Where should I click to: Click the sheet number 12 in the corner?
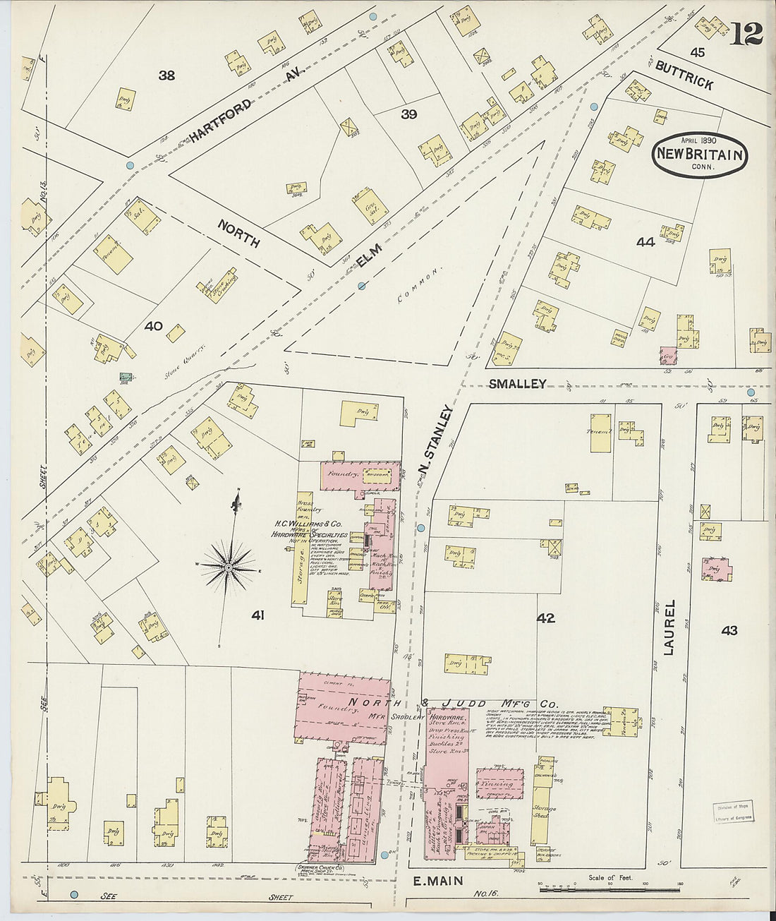[746, 33]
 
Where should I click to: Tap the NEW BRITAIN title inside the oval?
[700, 155]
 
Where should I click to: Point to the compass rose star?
[230, 566]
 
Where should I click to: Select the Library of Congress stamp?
[732, 813]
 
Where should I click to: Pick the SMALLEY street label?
[518, 383]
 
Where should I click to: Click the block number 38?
[166, 75]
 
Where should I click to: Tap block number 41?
[257, 615]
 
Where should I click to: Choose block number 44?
[645, 242]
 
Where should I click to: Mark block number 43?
[729, 630]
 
